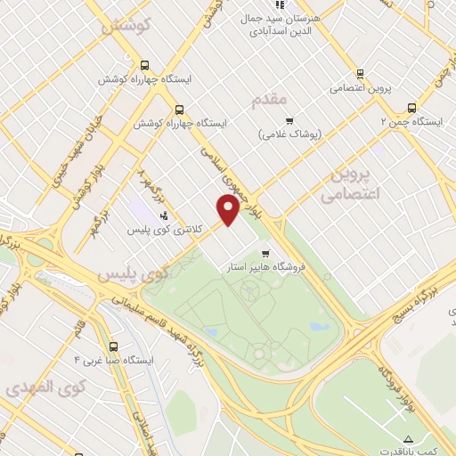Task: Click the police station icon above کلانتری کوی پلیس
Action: point(164,215)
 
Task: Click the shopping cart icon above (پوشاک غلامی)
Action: point(288,121)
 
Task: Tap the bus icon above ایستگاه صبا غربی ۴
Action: point(112,346)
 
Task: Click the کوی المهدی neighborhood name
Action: point(44,387)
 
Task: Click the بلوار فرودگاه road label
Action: point(397,383)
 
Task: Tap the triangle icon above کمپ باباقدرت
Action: point(409,438)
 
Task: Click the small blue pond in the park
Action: point(319,327)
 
